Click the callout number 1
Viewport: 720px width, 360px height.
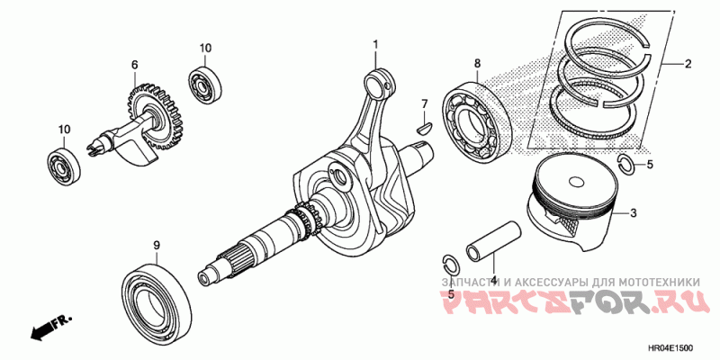click(x=375, y=44)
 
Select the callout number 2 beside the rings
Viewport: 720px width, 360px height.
click(x=688, y=64)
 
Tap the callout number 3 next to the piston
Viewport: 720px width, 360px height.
click(x=634, y=213)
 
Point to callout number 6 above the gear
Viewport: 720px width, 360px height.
click(x=134, y=65)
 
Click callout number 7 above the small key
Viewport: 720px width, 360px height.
click(x=425, y=103)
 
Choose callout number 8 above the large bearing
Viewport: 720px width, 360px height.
click(x=477, y=63)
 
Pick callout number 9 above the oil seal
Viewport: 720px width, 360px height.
click(x=157, y=246)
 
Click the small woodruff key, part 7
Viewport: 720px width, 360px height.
click(x=424, y=127)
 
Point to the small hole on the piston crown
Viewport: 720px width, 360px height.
click(x=576, y=182)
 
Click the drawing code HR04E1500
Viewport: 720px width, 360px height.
click(x=670, y=348)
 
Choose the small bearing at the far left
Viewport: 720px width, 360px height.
click(x=64, y=165)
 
